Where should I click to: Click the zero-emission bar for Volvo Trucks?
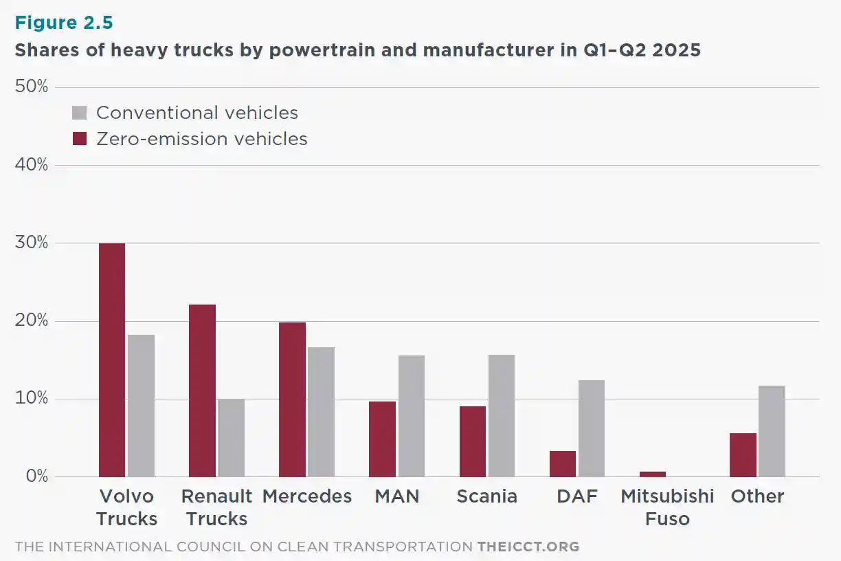[x=112, y=360]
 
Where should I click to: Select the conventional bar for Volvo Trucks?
[x=141, y=406]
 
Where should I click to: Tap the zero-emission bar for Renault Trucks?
[x=202, y=390]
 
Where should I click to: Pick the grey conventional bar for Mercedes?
[x=321, y=412]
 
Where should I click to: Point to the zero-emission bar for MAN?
[x=382, y=439]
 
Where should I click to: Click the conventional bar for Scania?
[x=501, y=416]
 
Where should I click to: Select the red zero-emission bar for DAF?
[x=563, y=463]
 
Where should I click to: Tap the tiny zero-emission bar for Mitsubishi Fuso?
[x=653, y=474]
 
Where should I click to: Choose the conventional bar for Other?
[x=772, y=431]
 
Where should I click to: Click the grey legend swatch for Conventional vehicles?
[x=80, y=113]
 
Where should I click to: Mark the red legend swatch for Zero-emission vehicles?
[x=80, y=139]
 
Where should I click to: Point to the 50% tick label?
[x=31, y=87]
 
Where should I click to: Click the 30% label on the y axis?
[x=31, y=243]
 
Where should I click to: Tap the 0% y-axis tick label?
[x=35, y=476]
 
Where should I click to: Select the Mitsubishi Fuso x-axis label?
[x=667, y=507]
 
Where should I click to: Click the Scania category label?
[x=487, y=496]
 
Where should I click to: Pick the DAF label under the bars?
[x=577, y=496]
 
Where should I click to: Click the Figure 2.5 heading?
[x=64, y=23]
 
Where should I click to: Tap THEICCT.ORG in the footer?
[x=528, y=547]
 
